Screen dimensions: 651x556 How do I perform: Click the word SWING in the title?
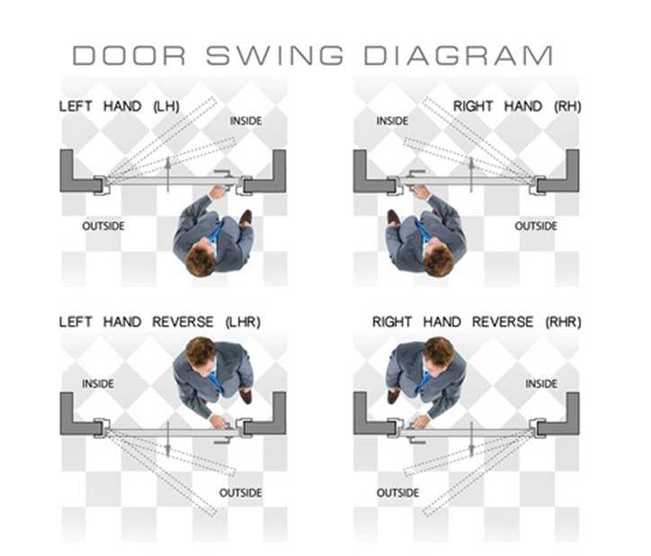pos(275,55)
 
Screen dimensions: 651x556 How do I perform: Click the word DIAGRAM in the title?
pos(459,55)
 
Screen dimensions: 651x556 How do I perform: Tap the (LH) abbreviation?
pos(166,107)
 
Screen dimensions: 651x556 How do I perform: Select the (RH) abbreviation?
pos(567,107)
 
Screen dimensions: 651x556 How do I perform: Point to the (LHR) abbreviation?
pos(243,322)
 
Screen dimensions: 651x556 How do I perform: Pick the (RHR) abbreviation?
pos(564,322)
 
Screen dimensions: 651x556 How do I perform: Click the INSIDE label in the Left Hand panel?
pos(245,121)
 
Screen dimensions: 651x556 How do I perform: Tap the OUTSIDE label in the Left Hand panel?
pos(103,226)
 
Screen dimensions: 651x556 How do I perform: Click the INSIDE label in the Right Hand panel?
pos(392,121)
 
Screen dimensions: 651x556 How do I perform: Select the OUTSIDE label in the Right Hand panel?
pos(536,226)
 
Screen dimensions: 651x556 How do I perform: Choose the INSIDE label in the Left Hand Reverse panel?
pos(98,383)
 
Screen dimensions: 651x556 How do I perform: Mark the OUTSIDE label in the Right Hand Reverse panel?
pos(397,493)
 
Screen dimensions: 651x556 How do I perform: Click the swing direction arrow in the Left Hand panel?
pos(168,175)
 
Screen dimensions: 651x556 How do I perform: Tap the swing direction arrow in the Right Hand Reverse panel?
pos(472,439)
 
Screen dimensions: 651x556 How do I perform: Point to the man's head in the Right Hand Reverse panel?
pos(439,353)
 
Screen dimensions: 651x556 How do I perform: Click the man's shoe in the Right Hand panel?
pos(393,218)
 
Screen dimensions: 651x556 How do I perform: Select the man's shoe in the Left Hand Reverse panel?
pos(246,396)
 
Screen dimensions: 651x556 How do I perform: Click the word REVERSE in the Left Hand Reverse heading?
pos(183,322)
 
